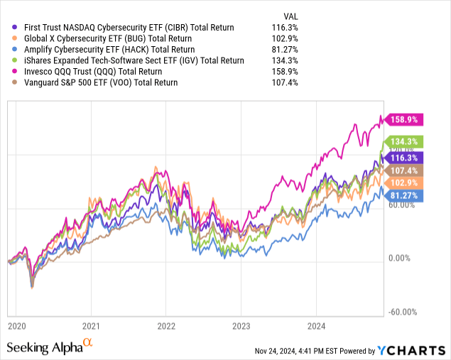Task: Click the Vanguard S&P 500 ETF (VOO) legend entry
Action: [102, 84]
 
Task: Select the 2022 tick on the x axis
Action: [165, 325]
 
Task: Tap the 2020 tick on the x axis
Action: [16, 325]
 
